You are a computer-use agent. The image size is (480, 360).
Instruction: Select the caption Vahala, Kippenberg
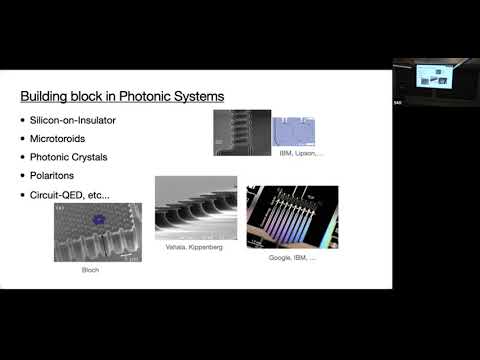tap(195, 245)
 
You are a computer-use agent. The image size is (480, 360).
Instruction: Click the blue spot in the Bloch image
tap(99, 216)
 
